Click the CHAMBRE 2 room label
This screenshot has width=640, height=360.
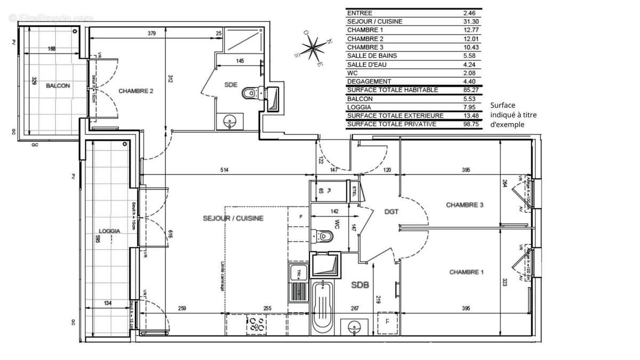(136, 91)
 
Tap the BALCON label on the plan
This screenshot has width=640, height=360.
(58, 85)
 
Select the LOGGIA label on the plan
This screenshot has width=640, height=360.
(109, 231)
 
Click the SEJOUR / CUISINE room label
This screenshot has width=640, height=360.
(233, 219)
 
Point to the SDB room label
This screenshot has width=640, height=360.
(360, 285)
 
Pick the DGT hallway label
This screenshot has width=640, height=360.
(391, 212)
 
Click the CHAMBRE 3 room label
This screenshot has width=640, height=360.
(465, 205)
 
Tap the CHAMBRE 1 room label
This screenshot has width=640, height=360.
(466, 272)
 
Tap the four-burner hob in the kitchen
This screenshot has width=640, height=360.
(257, 325)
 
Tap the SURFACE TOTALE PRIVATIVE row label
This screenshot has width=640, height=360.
(392, 124)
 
